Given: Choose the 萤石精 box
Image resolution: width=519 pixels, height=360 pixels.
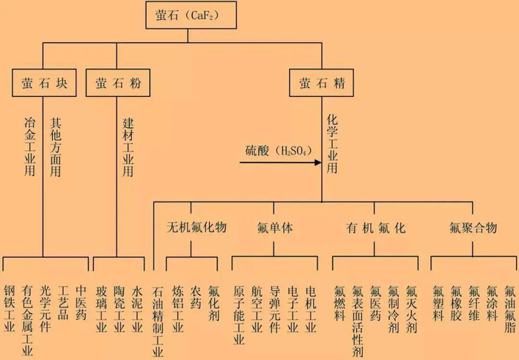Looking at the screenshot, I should (321, 82).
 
